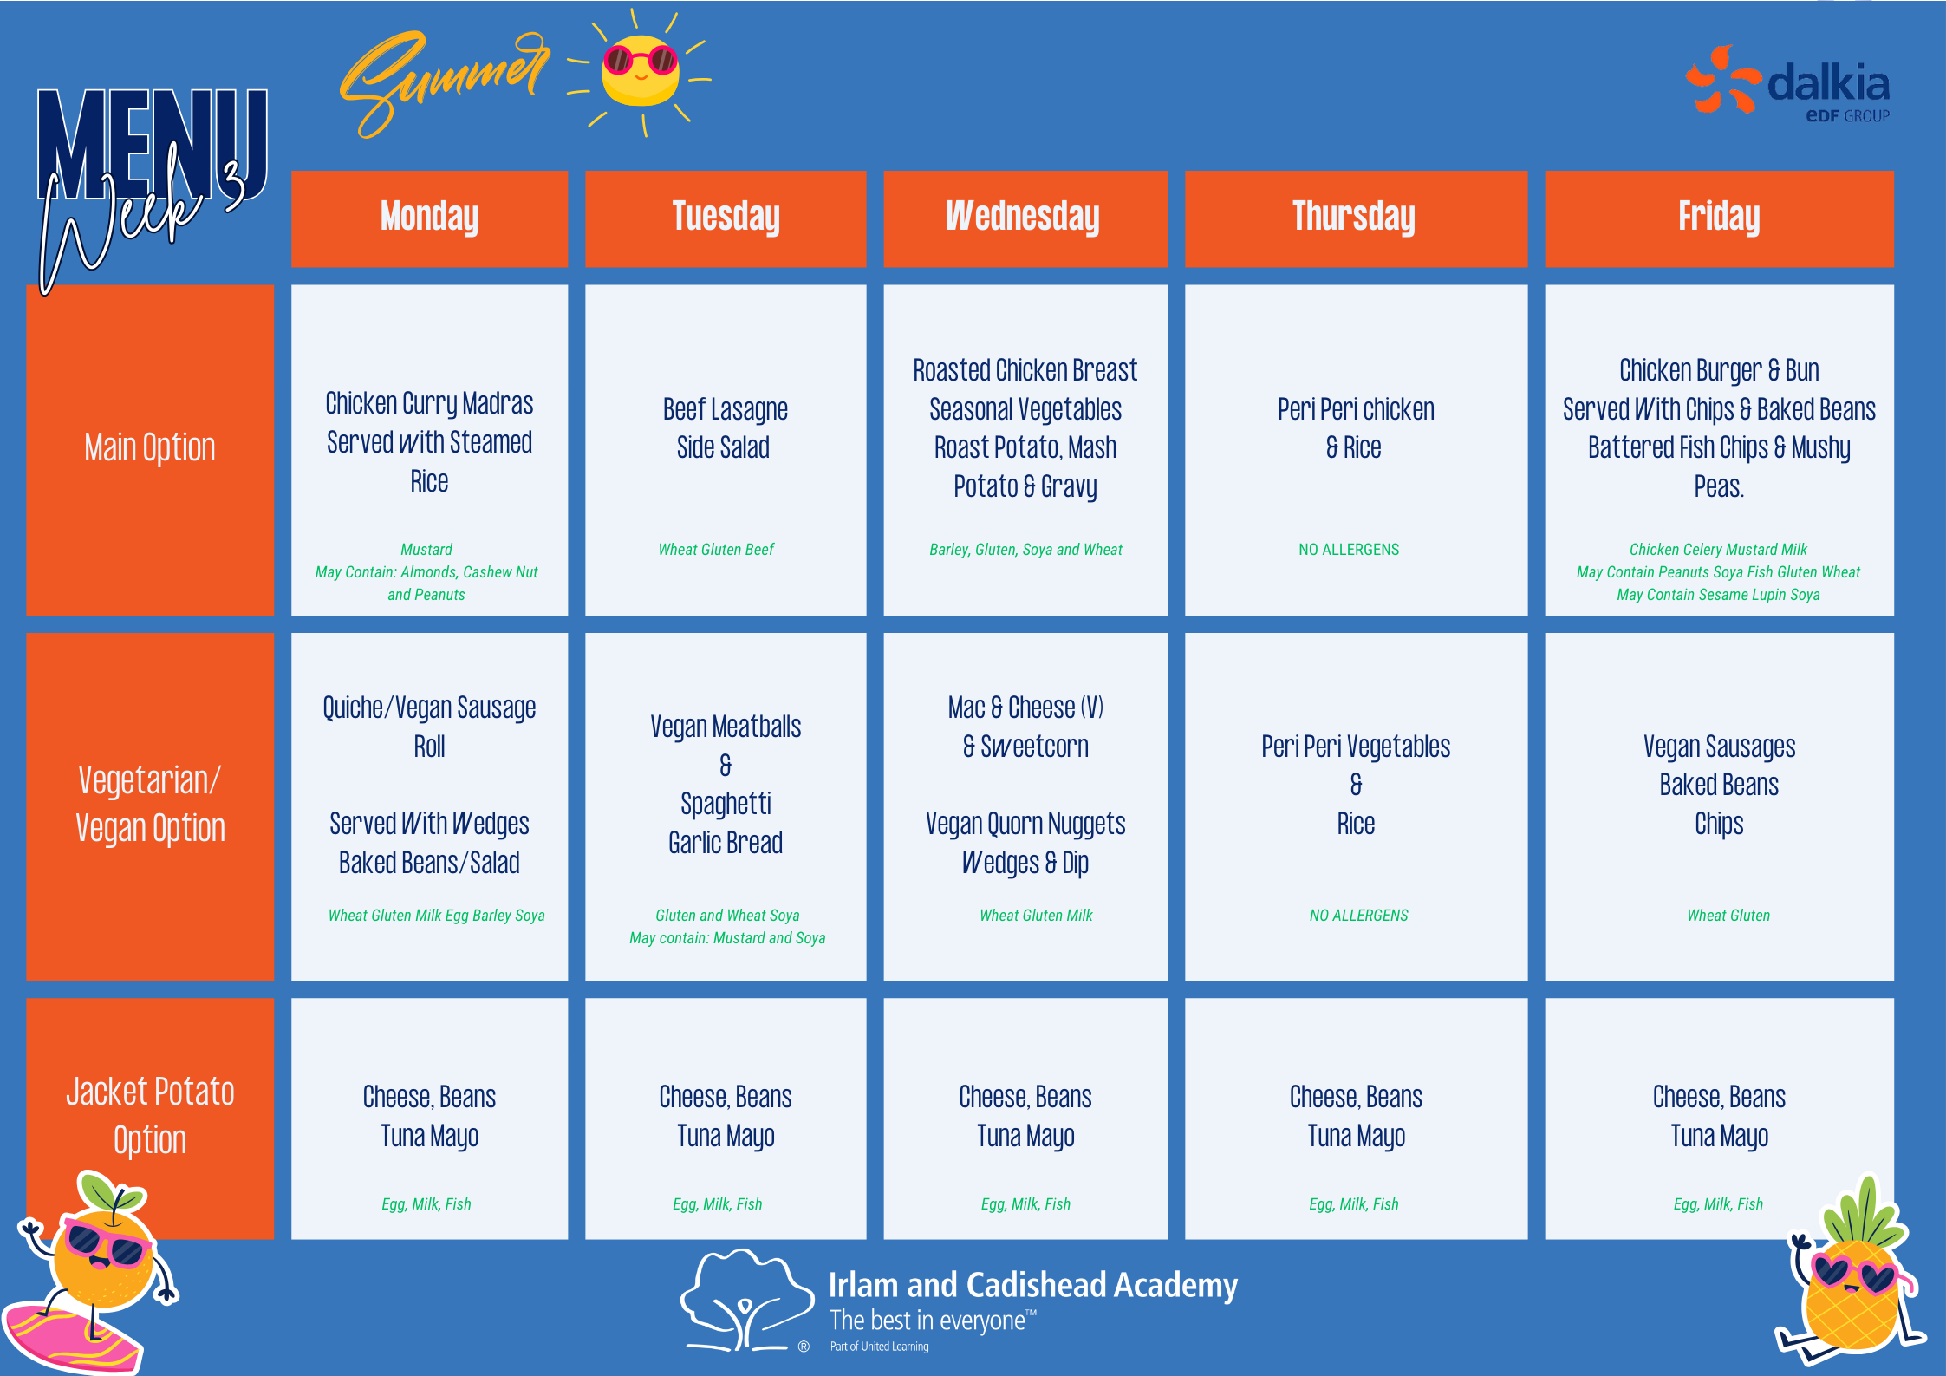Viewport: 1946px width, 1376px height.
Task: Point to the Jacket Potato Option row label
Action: click(150, 1117)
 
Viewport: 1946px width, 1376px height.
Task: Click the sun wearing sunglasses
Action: click(641, 71)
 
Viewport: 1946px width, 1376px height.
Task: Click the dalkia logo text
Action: click(1828, 84)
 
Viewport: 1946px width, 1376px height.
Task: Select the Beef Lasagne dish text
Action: click(726, 409)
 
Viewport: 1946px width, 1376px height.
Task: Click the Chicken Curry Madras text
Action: click(429, 404)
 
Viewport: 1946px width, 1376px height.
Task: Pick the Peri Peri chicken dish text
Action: click(1356, 409)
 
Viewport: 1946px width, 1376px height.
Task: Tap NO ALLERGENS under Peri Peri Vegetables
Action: click(1358, 916)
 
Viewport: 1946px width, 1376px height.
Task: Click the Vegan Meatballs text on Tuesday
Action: click(726, 727)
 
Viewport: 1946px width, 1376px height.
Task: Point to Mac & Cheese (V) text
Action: click(1025, 708)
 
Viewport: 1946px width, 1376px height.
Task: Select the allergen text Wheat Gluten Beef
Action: click(716, 550)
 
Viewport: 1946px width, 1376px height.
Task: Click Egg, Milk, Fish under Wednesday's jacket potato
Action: click(1025, 1204)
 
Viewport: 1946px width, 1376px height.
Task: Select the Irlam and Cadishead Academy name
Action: click(1033, 1285)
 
